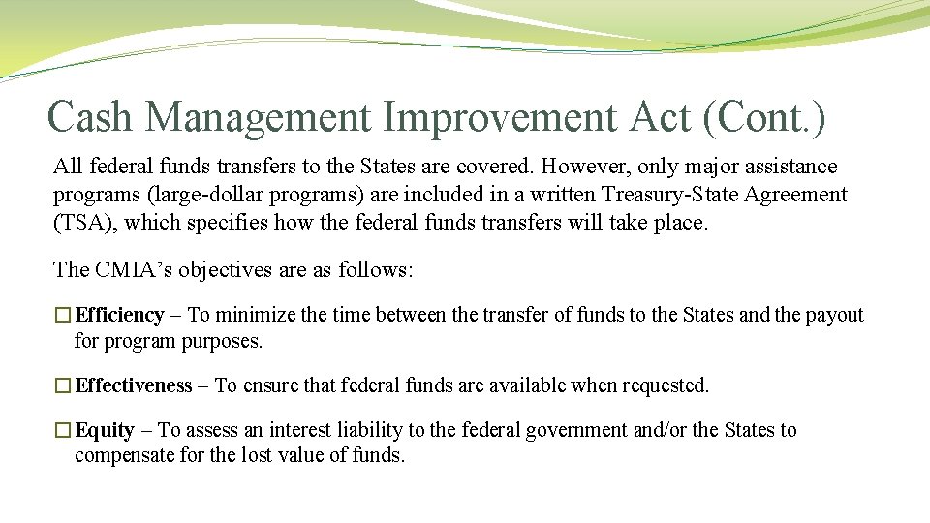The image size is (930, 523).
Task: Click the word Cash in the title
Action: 92,117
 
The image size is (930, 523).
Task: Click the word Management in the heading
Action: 259,117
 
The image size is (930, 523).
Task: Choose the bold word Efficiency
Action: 119,315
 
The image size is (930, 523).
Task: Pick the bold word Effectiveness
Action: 134,385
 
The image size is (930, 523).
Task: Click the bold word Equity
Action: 105,430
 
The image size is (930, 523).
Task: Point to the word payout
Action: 834,315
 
